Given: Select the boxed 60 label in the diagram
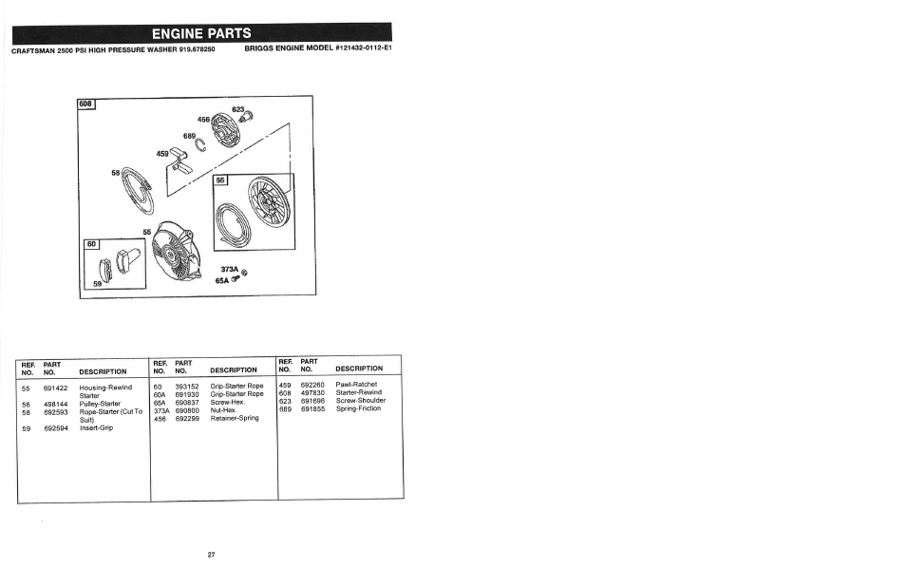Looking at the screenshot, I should (92, 244).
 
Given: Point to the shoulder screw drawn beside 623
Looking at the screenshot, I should (248, 118).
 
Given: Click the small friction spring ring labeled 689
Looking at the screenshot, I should (214, 144).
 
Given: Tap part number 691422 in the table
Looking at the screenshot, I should (56, 388).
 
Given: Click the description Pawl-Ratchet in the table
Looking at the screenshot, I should (357, 385).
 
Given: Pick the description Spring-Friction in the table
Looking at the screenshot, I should (359, 408).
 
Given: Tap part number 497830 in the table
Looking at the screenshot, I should (313, 392).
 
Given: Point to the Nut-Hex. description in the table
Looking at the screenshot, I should (223, 409).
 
